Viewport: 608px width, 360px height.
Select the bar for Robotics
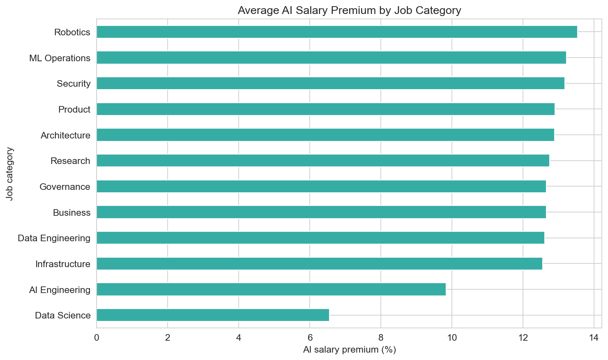336,32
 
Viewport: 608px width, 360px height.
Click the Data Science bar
212,315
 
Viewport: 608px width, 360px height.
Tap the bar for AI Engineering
271,289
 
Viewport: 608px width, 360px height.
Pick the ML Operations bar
331,58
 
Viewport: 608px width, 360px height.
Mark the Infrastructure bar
319,264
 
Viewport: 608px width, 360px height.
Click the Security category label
74,84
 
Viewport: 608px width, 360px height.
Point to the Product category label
74,110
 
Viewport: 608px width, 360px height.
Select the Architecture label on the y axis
65,135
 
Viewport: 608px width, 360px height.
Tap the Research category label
70,161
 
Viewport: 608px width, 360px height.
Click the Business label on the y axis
71,212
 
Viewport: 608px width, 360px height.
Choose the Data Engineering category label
54,238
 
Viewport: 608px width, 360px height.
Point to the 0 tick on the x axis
97,338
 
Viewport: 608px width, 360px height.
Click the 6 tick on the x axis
310,338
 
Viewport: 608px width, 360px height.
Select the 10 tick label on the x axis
451,338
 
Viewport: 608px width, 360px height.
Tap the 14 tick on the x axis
594,338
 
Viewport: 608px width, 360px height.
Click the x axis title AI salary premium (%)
349,350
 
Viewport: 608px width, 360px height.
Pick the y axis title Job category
10,174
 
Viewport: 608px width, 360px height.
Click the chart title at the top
349,10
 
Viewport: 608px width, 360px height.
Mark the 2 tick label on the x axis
168,338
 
